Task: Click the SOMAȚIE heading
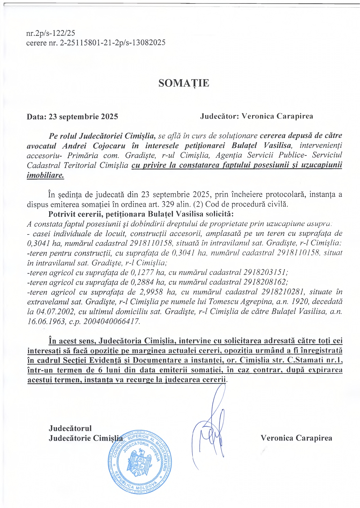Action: coord(184,83)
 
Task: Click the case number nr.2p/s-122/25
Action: coord(51,33)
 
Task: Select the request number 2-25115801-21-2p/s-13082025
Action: coord(113,43)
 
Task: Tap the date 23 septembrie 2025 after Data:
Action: coord(83,117)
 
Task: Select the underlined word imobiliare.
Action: coord(45,175)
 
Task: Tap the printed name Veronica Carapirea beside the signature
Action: coord(296,438)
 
